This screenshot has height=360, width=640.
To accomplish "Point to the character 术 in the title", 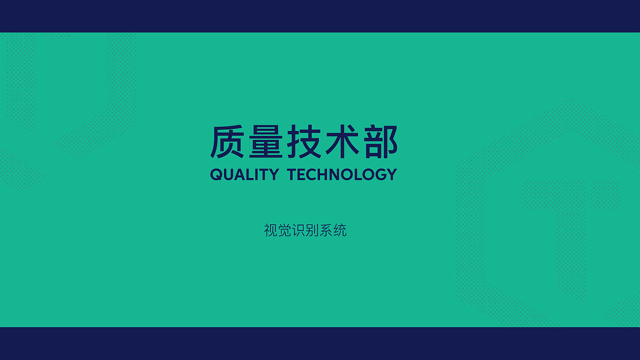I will point(342,142).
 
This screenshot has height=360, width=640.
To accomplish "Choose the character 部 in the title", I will point(379,142).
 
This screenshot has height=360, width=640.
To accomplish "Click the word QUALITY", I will point(244,174).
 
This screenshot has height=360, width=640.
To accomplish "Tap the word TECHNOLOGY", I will point(342,174).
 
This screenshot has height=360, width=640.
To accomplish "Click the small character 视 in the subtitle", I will point(270,230).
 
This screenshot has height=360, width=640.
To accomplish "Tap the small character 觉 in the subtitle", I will point(284,230).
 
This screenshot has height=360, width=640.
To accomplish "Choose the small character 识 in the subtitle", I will point(298,230).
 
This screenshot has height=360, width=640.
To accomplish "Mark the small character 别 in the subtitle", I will point(312,230).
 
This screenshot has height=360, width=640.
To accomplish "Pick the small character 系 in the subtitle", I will point(326,230).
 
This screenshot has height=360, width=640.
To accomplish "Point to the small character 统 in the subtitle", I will point(340,230).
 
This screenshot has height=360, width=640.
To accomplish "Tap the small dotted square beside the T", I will point(605,195).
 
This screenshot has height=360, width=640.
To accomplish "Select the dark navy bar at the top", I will point(320,16).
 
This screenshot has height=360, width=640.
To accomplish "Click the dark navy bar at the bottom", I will point(320,343).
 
